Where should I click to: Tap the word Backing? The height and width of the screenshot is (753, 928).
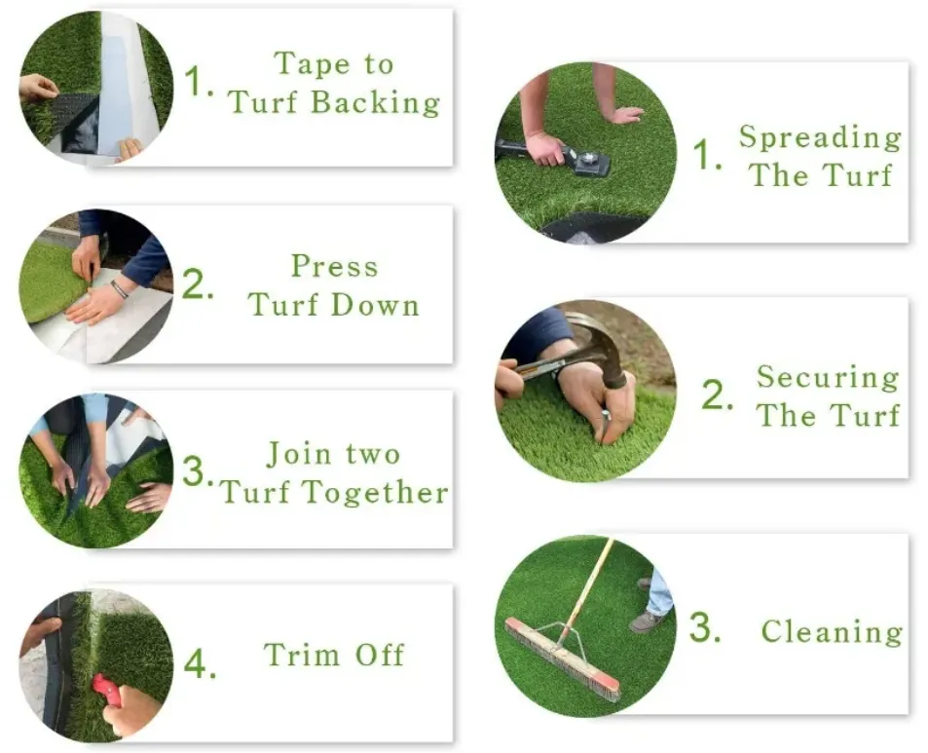[376, 102]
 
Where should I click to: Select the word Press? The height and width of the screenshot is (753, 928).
[334, 266]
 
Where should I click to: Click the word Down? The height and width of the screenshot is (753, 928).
[375, 305]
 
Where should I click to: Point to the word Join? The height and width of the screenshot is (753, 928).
[299, 455]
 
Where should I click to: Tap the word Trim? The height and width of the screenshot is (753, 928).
[302, 655]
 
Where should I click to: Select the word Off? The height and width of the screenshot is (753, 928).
[380, 655]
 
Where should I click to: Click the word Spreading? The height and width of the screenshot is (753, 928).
[820, 138]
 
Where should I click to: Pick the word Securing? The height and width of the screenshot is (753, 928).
[828, 378]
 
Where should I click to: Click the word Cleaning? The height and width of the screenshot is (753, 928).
[833, 631]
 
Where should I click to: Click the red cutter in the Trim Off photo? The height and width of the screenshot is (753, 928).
[107, 691]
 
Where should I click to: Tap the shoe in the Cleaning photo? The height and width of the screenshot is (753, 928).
[648, 621]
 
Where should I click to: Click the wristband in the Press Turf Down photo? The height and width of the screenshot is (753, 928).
[119, 289]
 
